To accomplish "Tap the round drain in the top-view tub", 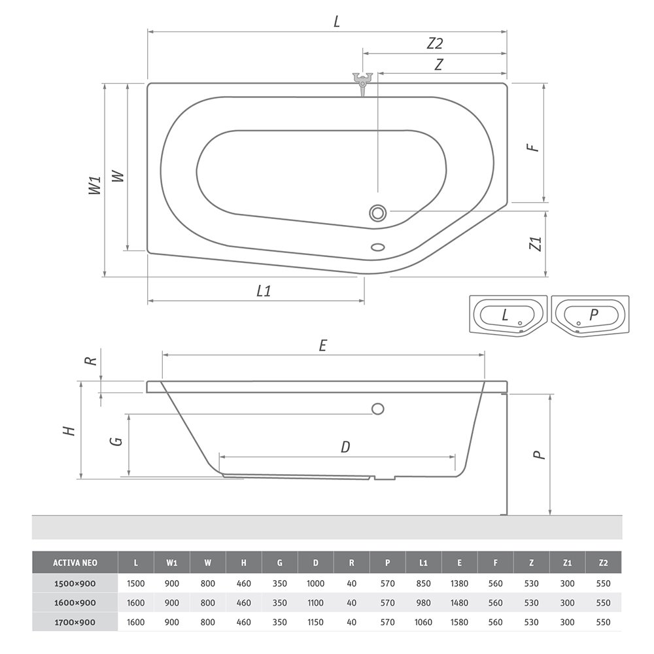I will pyautogui.click(x=377, y=213).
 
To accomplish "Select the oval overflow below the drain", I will pyautogui.click(x=378, y=247).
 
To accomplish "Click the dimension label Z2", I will pyautogui.click(x=435, y=44).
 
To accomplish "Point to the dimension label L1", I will pyautogui.click(x=263, y=292).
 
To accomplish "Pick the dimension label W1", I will pyautogui.click(x=96, y=184).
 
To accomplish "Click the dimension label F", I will pyautogui.click(x=535, y=145).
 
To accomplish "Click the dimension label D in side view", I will pyautogui.click(x=345, y=447).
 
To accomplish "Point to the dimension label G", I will pyautogui.click(x=117, y=440).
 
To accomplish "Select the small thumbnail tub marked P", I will pyautogui.click(x=591, y=315).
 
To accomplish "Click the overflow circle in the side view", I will pyautogui.click(x=377, y=409).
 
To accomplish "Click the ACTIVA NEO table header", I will pyautogui.click(x=75, y=562).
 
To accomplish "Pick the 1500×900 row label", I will pyautogui.click(x=75, y=583).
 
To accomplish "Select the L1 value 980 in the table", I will pyautogui.click(x=423, y=602).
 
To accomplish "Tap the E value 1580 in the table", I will pyautogui.click(x=459, y=622).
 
